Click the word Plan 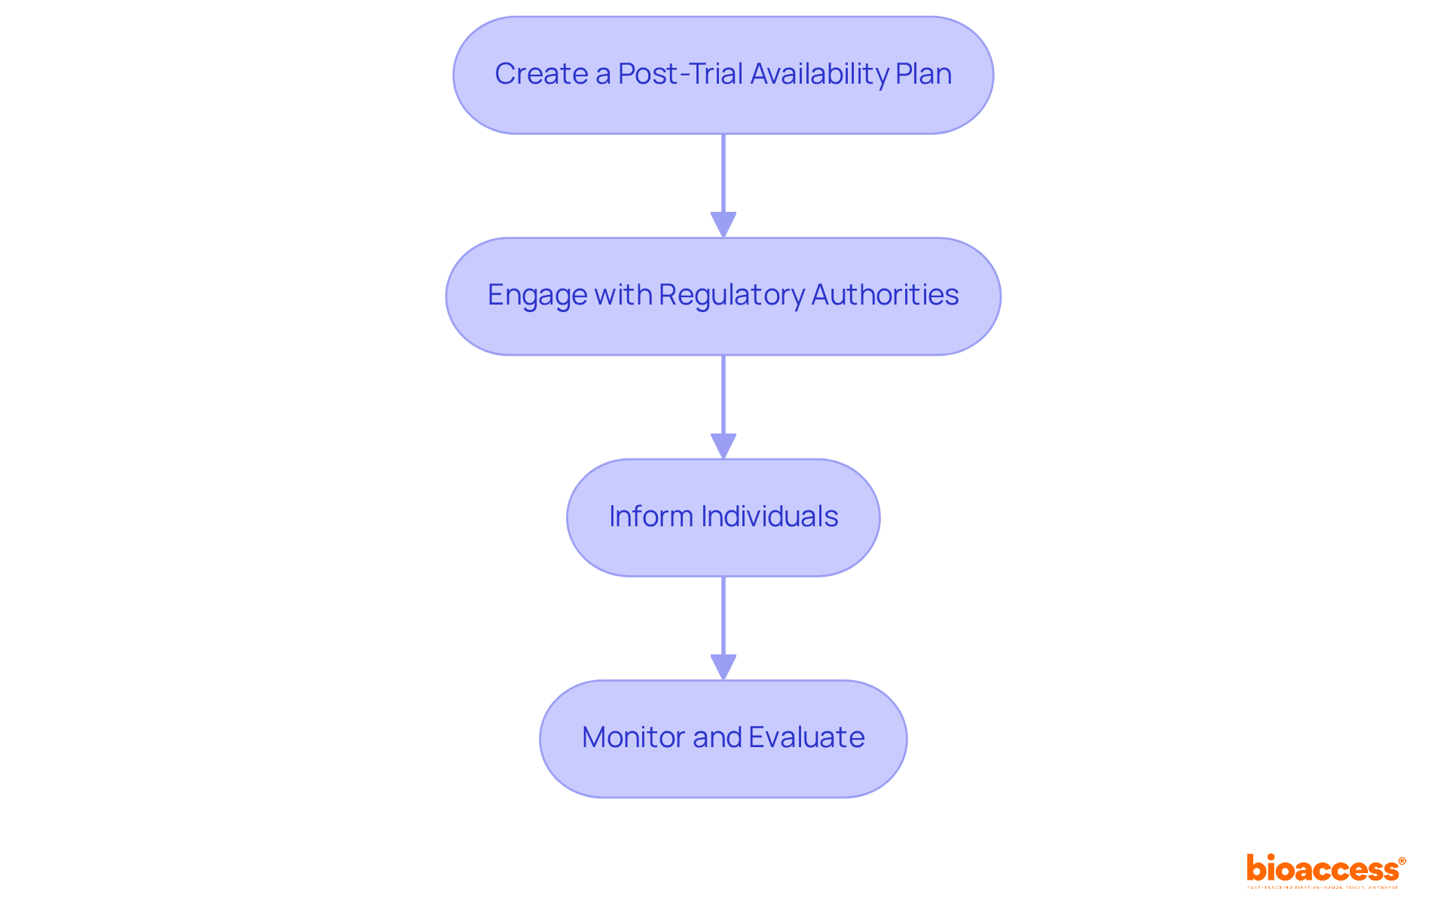coord(923,74)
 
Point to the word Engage coord(537,296)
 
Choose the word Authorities coord(885,295)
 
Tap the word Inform coord(650,516)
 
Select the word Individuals coord(769,516)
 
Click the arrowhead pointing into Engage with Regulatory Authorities coord(723,225)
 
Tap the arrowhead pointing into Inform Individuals coord(723,446)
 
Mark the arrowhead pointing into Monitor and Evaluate coord(723,666)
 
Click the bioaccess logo coord(1323,869)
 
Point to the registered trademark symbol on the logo coord(1402,861)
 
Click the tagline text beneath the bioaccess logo coord(1323,887)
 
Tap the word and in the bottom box coord(717,737)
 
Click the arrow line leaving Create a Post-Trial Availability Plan coord(723,173)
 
